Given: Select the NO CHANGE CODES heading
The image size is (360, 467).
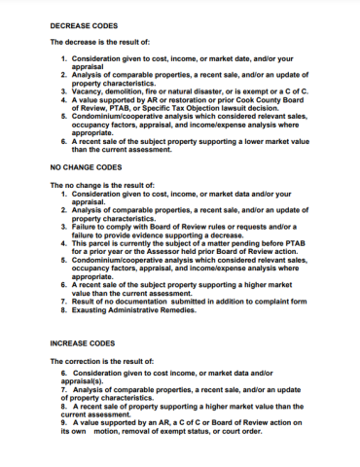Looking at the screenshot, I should pos(89,166).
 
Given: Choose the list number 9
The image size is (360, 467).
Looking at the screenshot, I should pos(63,423).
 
